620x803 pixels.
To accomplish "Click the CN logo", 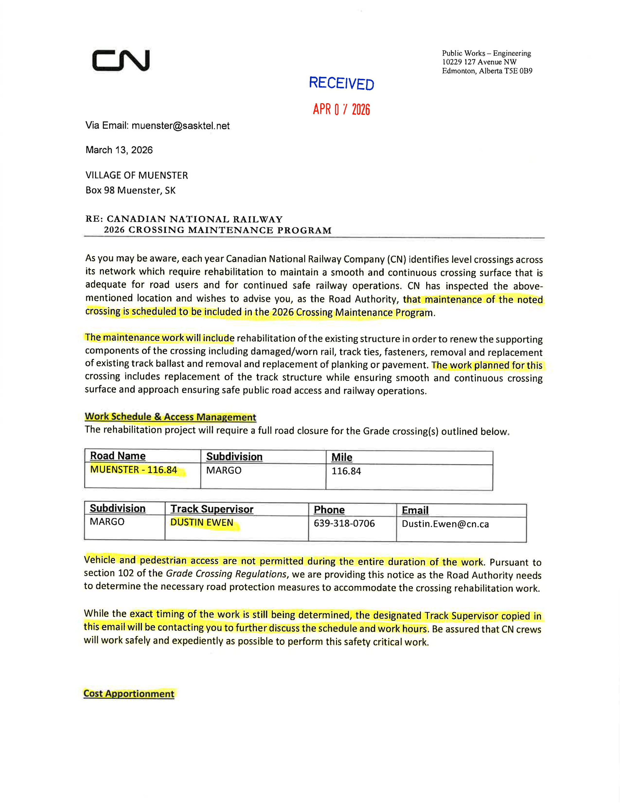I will (x=121, y=60).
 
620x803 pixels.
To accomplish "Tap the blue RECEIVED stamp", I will (x=341, y=83).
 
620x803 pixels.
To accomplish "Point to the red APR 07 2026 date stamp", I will (x=341, y=109).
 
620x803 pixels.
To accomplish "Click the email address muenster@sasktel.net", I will (x=181, y=126).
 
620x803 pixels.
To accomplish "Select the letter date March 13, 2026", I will (x=119, y=150).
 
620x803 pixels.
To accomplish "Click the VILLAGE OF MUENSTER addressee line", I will (x=137, y=175).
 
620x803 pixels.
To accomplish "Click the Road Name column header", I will (x=118, y=456).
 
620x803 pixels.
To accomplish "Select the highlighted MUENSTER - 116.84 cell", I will (x=134, y=470).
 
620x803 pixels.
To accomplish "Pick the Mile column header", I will (x=342, y=457).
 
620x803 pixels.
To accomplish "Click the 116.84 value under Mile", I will (x=346, y=471).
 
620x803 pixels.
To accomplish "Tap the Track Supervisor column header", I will (x=212, y=509).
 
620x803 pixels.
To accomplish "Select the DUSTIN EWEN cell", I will (x=202, y=523).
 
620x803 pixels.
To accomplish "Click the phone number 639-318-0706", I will (x=344, y=523).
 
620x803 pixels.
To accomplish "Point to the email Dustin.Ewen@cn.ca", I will (x=445, y=524).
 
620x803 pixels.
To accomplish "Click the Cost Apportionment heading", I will (x=129, y=694).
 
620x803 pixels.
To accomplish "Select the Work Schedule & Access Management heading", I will (x=170, y=417).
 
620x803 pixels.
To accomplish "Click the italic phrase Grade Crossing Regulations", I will (x=226, y=574).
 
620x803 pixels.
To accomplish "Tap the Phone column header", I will (x=329, y=510).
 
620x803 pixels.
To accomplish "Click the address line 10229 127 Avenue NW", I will (x=479, y=62).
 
